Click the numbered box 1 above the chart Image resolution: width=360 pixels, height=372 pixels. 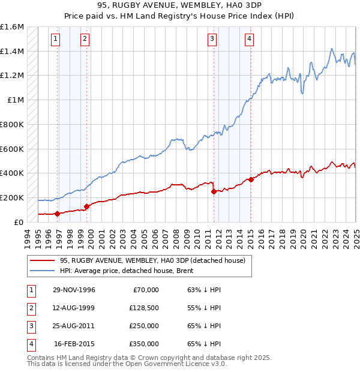(x=55, y=40)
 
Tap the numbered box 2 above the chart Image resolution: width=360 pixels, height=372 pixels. (x=85, y=40)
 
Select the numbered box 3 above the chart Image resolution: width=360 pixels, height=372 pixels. (x=212, y=40)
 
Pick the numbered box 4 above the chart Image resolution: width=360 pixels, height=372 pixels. (x=248, y=40)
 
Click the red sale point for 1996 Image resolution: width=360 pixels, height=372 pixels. (x=58, y=213)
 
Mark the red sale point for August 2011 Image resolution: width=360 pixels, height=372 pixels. (x=214, y=191)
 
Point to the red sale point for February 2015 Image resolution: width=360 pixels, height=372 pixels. (x=251, y=179)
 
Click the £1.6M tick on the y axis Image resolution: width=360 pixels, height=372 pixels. (x=12, y=27)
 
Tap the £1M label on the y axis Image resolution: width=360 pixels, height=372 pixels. (x=16, y=100)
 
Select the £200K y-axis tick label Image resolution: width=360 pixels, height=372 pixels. (x=12, y=197)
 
